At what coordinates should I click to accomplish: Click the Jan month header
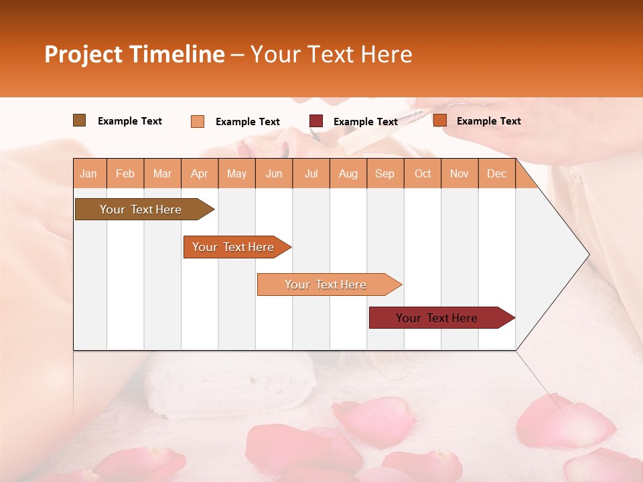pos(88,173)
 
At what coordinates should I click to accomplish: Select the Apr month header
pos(199,173)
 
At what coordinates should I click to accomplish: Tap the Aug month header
pos(348,173)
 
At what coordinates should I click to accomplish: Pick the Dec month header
pos(496,173)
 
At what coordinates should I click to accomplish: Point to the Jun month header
pos(273,173)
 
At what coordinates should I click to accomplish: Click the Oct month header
pos(422,173)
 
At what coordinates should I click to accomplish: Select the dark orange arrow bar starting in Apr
pos(234,247)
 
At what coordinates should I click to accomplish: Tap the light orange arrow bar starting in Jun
pos(327,285)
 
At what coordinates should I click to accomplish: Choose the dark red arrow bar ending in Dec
pos(439,318)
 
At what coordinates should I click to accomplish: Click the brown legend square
pos(79,120)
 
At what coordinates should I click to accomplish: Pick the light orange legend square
pos(197,121)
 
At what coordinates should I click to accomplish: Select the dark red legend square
pos(316,121)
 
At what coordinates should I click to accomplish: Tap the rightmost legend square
pos(439,120)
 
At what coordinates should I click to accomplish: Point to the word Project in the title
pos(83,54)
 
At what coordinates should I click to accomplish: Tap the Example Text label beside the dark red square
pos(365,122)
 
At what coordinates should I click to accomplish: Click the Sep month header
pos(384,173)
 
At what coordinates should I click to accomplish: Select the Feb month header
pos(125,173)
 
